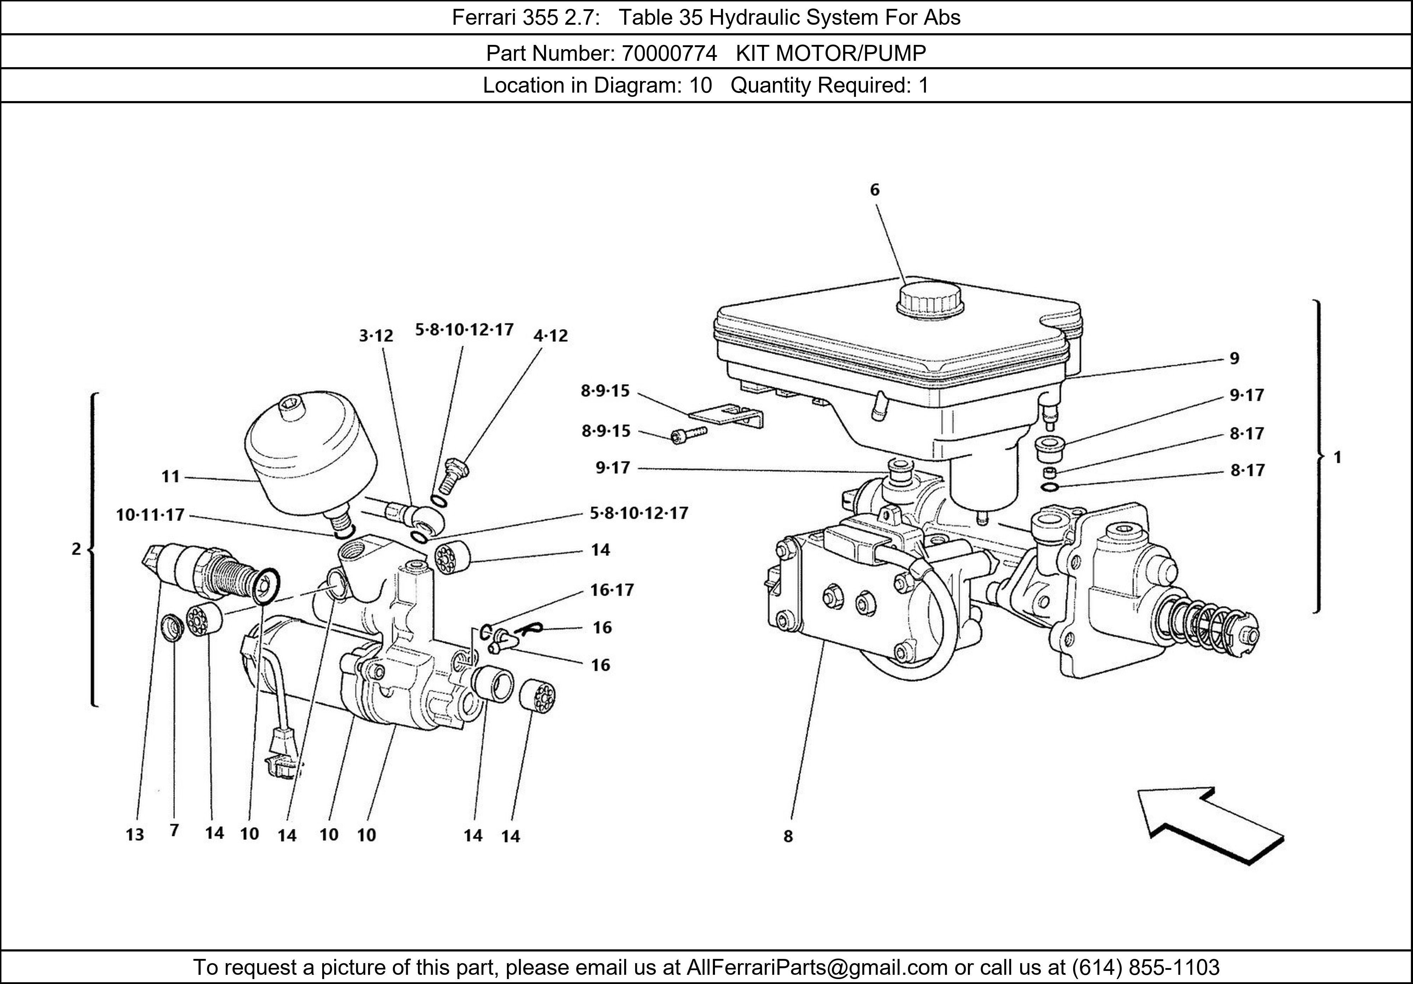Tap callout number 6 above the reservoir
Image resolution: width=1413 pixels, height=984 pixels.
[x=875, y=190]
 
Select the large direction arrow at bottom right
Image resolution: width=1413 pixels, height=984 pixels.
[x=1210, y=826]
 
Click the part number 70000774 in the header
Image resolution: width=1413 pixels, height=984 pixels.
[x=669, y=54]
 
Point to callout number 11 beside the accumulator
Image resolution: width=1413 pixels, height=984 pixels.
[x=171, y=476]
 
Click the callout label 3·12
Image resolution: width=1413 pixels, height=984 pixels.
[x=376, y=335]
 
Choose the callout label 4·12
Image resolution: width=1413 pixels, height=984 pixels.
[x=551, y=335]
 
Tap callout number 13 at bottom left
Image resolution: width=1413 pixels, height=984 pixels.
[x=135, y=834]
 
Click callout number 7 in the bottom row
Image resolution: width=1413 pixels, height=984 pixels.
[x=174, y=831]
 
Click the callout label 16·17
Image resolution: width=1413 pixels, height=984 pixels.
[x=612, y=590]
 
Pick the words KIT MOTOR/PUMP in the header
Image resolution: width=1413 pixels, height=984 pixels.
[x=831, y=54]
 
